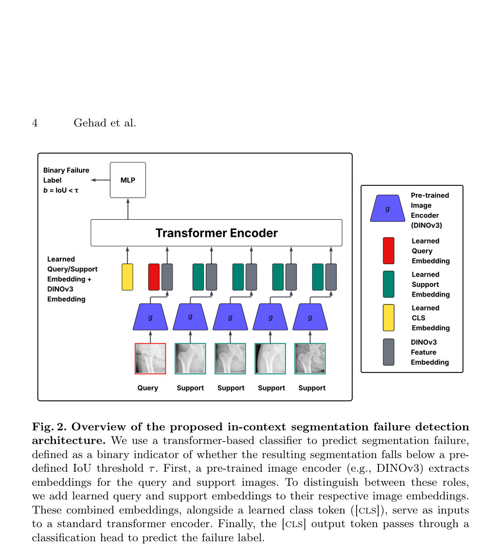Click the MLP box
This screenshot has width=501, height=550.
tap(128, 180)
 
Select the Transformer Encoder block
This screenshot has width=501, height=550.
tap(216, 233)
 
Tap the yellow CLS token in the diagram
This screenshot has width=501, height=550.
tap(127, 277)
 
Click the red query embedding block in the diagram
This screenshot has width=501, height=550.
tap(154, 277)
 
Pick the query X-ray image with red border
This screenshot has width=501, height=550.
tap(150, 358)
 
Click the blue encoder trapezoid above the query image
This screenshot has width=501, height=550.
tap(150, 317)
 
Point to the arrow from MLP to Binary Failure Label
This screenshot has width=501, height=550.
tap(100, 180)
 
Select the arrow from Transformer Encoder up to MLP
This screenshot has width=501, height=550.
tap(128, 209)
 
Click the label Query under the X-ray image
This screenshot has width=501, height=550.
tap(148, 388)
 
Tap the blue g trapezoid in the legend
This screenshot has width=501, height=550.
tap(388, 208)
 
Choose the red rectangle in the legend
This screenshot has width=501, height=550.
tap(389, 251)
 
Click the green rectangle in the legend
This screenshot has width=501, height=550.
tap(389, 284)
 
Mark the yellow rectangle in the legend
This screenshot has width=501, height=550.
tap(389, 318)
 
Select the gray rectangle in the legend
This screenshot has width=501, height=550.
tap(389, 352)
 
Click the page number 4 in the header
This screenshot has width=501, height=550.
tap(35, 123)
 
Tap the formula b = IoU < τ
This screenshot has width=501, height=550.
tap(61, 191)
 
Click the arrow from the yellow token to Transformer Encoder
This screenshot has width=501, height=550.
tap(127, 255)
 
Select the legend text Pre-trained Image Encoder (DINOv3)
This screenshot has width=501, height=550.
tap(430, 210)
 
